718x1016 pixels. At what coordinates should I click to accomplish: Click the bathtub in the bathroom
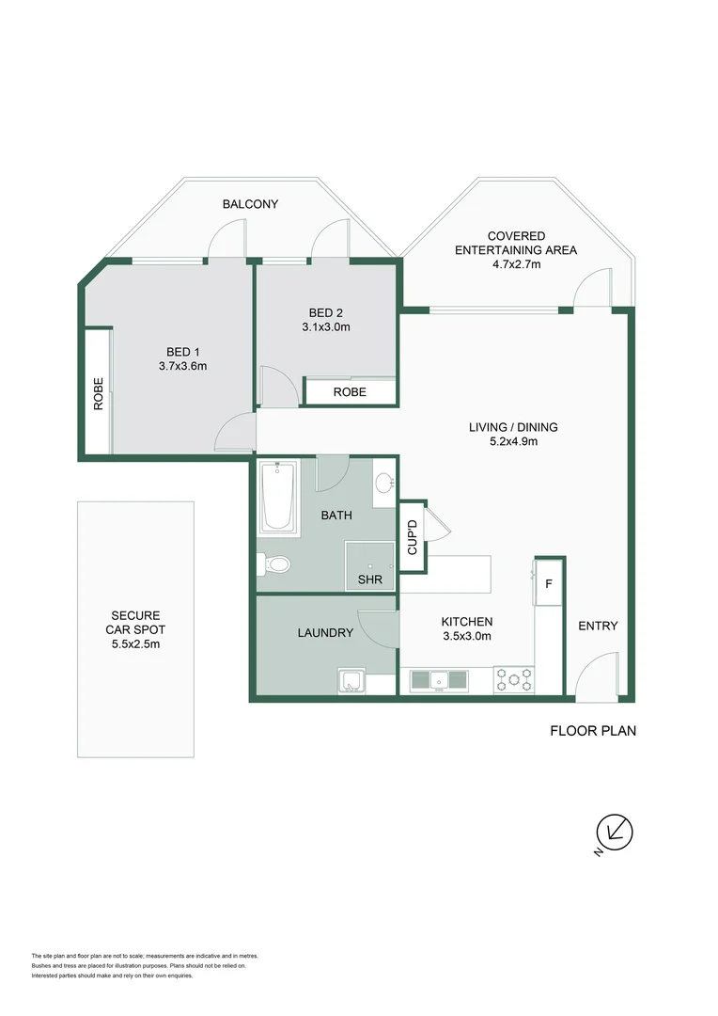(278, 497)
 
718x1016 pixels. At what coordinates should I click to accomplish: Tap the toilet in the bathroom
(273, 564)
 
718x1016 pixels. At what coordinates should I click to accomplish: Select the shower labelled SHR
(369, 565)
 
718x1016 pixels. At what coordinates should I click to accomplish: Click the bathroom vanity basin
(384, 483)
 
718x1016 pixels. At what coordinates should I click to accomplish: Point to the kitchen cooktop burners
(514, 680)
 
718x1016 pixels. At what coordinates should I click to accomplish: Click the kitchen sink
(439, 681)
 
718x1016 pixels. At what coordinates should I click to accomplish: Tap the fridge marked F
(549, 583)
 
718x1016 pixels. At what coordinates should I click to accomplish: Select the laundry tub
(352, 682)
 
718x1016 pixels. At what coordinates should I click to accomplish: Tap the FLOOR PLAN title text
(593, 731)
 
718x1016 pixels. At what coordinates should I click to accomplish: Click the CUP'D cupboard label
(413, 537)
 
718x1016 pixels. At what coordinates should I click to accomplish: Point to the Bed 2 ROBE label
(350, 392)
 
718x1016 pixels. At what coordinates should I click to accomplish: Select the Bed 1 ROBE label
(99, 394)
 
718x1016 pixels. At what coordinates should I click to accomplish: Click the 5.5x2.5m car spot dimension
(136, 644)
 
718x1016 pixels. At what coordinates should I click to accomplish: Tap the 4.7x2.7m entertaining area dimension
(516, 264)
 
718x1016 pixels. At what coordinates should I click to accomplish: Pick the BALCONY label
(251, 204)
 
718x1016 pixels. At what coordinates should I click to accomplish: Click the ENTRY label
(598, 626)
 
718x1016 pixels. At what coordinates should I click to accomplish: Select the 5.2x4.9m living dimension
(513, 441)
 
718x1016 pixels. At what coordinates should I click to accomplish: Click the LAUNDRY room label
(326, 632)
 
